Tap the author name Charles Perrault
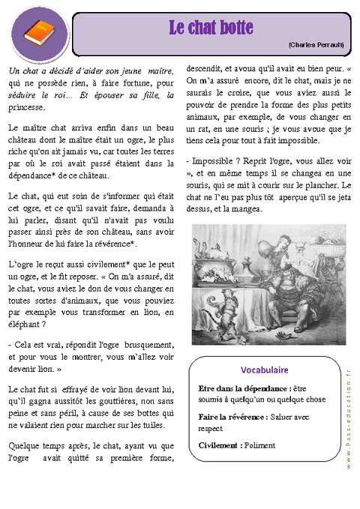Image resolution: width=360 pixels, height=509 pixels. pos(315,45)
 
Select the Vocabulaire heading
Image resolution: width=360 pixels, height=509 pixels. pos(265,370)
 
